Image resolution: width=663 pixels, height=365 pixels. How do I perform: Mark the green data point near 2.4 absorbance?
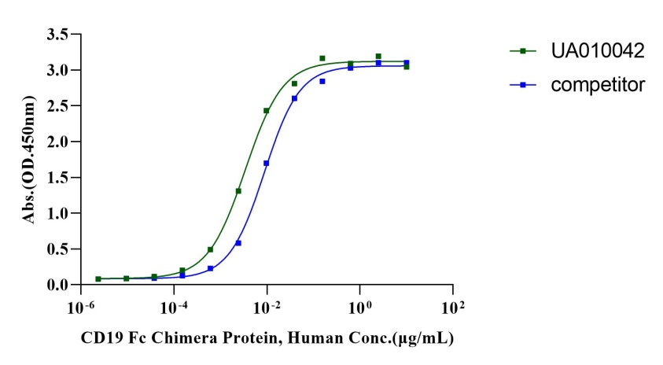267,111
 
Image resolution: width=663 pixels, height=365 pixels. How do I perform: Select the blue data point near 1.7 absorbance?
267,164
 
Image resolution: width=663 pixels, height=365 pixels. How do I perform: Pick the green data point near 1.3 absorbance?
238,191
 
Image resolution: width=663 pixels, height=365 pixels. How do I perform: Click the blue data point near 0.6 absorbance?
238,243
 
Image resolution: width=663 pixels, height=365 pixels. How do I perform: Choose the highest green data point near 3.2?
378,57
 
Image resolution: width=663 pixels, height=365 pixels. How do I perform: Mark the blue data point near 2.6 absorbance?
294,98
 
